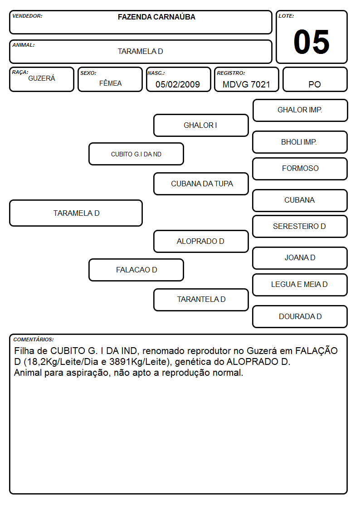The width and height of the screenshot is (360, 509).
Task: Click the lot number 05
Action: (311, 42)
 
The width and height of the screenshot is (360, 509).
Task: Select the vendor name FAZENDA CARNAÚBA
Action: (156, 17)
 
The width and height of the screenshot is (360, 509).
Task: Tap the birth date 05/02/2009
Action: (178, 84)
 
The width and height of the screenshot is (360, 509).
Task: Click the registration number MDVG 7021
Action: (246, 84)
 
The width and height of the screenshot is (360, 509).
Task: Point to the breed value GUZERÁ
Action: (42, 78)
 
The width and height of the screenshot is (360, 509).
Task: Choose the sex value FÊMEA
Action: (110, 83)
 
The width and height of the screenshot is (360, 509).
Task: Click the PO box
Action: (315, 79)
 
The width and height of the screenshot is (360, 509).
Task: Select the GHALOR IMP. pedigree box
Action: (300, 111)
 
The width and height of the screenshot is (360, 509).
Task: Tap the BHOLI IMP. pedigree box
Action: (300, 142)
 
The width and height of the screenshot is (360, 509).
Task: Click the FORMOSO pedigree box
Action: (300, 169)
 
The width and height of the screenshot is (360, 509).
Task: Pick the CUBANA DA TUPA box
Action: (201, 184)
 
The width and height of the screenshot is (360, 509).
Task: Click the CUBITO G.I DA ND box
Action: (136, 154)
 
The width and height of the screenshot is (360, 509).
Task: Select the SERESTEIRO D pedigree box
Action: (300, 226)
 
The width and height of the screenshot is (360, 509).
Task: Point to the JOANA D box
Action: (300, 258)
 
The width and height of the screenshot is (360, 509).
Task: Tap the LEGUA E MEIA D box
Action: (300, 285)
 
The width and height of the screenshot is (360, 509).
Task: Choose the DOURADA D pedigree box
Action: (300, 316)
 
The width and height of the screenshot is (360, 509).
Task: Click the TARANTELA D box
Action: (201, 300)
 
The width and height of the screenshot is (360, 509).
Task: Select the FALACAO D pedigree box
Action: (136, 270)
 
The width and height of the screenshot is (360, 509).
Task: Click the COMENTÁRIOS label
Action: (34, 339)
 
